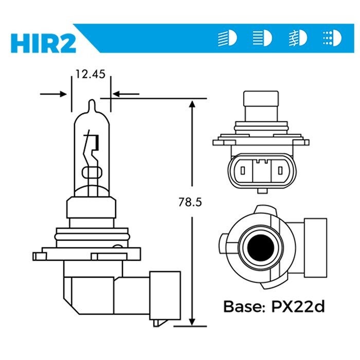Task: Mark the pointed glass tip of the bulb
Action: pos(91,103)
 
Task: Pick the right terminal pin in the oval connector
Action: pos(280,170)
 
